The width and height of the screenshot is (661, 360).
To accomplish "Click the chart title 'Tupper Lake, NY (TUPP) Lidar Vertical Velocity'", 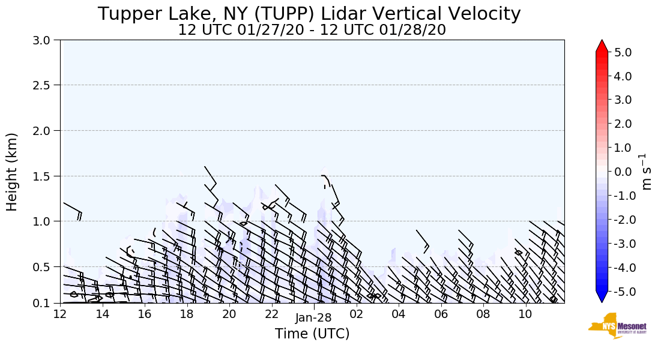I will (x=309, y=14).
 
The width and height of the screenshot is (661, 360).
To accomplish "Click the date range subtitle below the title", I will (x=312, y=30).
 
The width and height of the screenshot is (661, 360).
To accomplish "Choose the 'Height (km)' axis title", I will (x=13, y=172).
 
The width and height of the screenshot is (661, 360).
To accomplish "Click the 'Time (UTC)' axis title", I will (x=312, y=334).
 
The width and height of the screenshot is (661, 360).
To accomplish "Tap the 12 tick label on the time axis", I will (x=60, y=314).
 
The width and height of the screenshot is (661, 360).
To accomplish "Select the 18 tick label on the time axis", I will (x=187, y=314).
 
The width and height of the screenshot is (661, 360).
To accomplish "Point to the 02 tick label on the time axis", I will (x=356, y=314).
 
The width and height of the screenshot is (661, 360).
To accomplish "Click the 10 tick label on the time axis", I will (x=525, y=314).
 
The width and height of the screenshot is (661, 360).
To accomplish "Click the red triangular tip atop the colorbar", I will (x=602, y=46).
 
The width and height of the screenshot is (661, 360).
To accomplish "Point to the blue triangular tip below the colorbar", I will (x=602, y=297).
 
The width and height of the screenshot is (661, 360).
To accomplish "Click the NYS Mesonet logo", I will (x=618, y=325).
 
